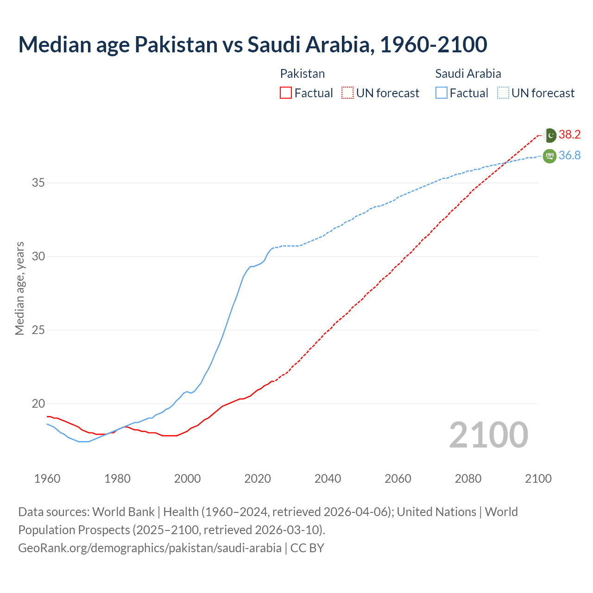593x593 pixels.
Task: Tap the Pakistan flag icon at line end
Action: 549,135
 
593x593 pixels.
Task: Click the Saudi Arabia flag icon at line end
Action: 549,156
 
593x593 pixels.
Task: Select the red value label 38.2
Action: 569,135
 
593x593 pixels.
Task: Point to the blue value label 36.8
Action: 569,156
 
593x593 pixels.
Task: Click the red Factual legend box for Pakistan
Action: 286,93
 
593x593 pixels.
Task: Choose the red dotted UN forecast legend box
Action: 347,93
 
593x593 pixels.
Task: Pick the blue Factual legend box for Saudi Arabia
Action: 442,93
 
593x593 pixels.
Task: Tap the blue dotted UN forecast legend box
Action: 503,93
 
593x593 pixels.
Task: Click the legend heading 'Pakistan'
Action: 303,74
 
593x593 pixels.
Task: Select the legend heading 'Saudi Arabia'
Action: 468,74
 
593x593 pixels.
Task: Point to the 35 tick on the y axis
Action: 38,183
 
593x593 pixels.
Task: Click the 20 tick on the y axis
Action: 38,404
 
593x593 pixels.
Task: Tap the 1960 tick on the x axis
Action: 47,479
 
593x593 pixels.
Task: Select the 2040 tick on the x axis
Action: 328,479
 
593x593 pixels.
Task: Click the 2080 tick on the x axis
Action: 468,479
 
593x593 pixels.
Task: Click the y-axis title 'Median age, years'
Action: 20,288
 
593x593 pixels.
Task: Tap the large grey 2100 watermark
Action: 488,435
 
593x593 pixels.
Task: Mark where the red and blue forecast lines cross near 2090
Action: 504,163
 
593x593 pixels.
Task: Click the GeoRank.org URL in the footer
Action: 150,548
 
